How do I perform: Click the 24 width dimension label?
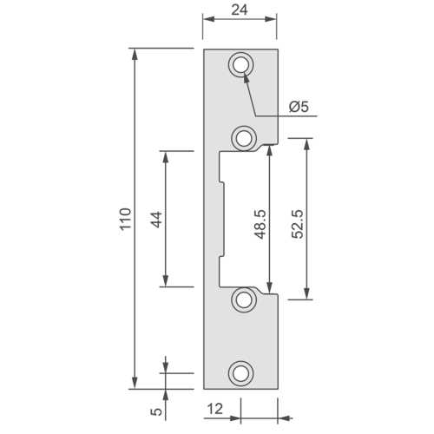click(240, 10)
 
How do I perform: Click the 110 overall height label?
click(126, 219)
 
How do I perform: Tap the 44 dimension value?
click(157, 220)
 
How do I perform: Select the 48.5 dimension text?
click(260, 225)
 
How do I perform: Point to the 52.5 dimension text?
click(298, 224)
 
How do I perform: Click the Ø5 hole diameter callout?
click(299, 107)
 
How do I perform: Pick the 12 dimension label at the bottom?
click(215, 409)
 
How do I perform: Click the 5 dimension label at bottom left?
click(157, 411)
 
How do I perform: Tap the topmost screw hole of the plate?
click(241, 64)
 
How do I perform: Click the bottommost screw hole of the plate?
click(241, 373)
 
